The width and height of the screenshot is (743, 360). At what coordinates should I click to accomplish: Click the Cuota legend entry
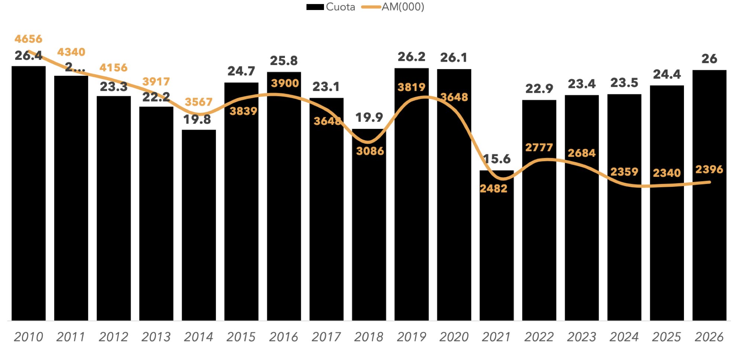coord(331,7)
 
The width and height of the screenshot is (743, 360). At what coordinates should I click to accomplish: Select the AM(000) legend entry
coord(394,7)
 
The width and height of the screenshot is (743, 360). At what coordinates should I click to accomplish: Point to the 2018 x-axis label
coord(369,337)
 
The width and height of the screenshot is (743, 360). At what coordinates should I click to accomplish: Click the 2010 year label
coord(29,337)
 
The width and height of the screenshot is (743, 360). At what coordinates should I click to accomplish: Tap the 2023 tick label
coord(581,337)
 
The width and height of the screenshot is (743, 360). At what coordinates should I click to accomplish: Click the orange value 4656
coord(29,39)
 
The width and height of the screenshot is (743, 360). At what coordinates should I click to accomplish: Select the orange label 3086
coord(370,151)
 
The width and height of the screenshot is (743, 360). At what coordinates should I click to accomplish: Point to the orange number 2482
coord(493,189)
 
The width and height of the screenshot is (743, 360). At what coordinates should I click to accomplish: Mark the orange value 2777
coord(539,147)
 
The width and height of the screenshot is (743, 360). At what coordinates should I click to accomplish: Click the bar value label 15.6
coord(497,159)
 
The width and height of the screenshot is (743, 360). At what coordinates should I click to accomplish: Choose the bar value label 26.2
coord(411,57)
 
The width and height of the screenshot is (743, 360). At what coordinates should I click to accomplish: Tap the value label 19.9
coord(369,117)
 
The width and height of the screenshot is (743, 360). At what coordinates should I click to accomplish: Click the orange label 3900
coord(285,83)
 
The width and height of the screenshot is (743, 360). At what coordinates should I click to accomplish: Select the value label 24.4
coord(667,74)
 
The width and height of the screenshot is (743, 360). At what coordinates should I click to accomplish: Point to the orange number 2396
coord(709,169)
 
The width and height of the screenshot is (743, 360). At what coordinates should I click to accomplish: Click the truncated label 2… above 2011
coord(75,67)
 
